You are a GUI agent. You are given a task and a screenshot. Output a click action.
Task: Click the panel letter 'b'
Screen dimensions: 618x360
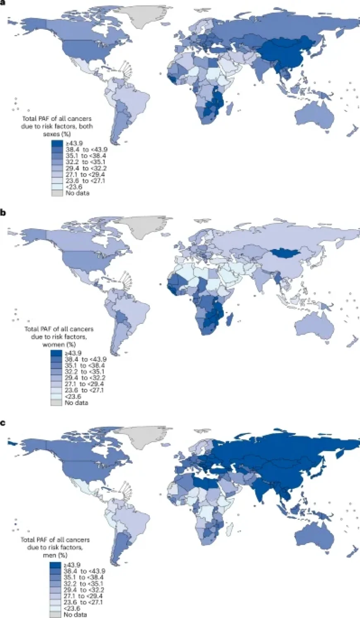(x=3, y=213)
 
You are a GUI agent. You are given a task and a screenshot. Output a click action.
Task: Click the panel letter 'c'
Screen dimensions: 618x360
(x=3, y=423)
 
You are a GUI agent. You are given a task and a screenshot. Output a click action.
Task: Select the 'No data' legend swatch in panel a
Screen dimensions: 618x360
(x=57, y=193)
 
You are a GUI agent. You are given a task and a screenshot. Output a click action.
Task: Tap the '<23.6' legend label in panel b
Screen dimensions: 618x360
(x=73, y=396)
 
